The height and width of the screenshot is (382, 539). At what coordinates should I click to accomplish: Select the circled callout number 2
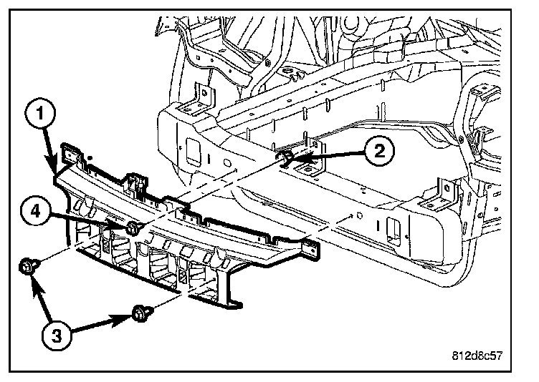[x=378, y=150]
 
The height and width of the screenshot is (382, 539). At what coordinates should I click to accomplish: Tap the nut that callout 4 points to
[x=133, y=228]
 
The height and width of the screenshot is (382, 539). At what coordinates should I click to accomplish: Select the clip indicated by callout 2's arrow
[x=285, y=157]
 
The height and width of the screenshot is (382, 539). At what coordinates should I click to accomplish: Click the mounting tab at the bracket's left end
[x=70, y=152]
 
